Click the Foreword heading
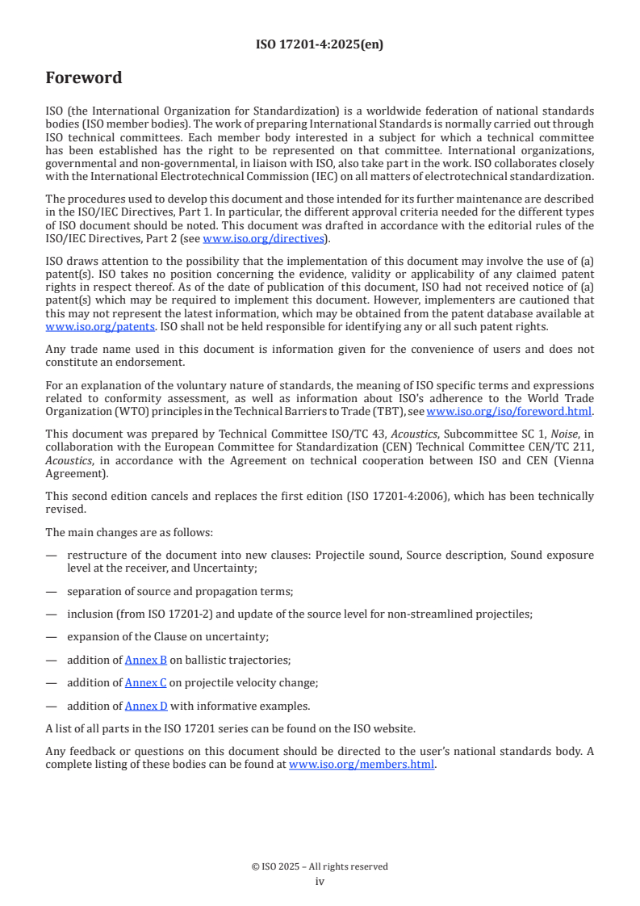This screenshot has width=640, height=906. tap(84, 78)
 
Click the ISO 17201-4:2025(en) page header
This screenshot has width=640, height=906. tap(320, 44)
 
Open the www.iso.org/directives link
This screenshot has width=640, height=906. tap(264, 238)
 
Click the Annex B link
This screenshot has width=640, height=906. tap(146, 659)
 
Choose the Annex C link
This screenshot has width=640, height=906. tap(146, 682)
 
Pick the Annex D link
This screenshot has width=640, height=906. tap(146, 706)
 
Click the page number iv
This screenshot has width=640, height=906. tap(320, 881)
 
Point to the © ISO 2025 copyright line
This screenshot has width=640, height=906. tap(320, 866)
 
